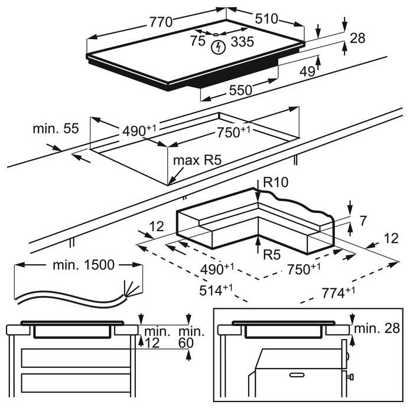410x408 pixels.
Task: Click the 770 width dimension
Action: click(x=160, y=22)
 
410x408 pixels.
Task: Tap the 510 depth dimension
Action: click(x=266, y=18)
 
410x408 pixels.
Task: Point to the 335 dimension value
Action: click(x=242, y=41)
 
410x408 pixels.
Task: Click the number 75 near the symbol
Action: click(x=198, y=41)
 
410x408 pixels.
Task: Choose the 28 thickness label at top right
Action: click(x=357, y=38)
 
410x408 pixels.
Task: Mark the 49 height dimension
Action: click(x=307, y=71)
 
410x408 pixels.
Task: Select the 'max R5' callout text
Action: click(x=192, y=160)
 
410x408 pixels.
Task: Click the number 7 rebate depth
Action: click(x=363, y=222)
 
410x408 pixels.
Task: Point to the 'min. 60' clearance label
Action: click(x=192, y=336)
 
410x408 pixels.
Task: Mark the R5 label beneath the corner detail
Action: click(x=271, y=256)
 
